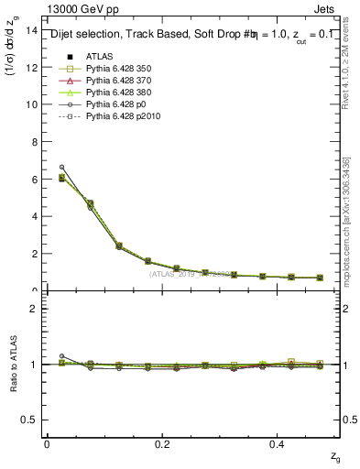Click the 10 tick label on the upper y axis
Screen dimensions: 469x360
point(31,104)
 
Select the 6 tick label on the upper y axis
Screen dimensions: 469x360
point(34,180)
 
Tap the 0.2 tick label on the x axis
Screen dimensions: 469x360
point(163,443)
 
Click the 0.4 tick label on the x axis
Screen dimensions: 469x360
point(279,443)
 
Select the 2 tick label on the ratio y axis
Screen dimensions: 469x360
point(34,309)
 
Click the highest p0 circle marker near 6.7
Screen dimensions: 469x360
point(61,167)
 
